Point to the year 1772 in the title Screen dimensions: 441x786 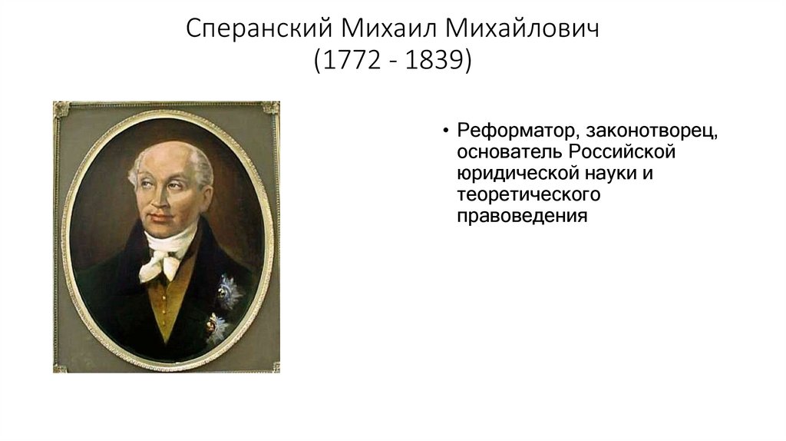pyautogui.click(x=348, y=61)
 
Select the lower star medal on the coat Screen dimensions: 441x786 pyautogui.click(x=216, y=329)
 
